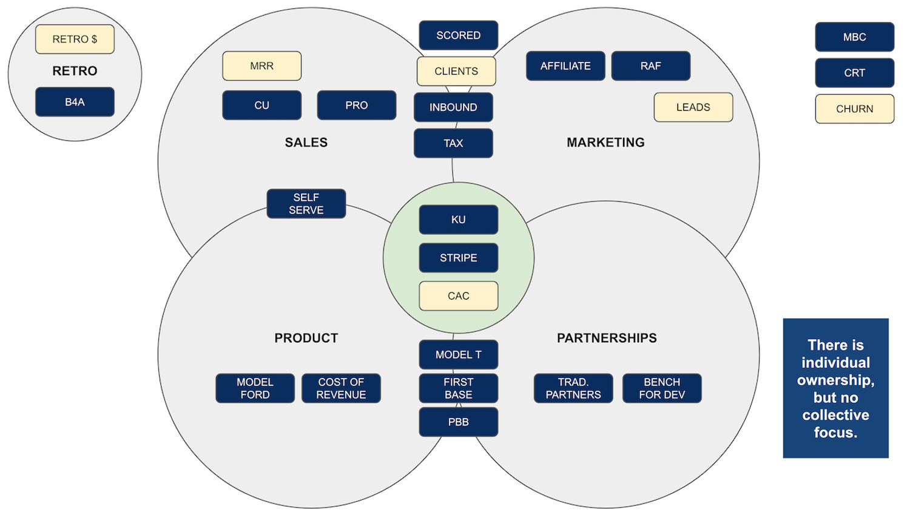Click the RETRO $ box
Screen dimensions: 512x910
click(75, 39)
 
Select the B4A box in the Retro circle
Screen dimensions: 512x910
click(75, 102)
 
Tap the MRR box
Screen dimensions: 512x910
click(261, 66)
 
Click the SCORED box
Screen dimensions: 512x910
click(458, 35)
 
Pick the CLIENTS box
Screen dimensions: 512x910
click(456, 72)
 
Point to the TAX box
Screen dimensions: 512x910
click(453, 143)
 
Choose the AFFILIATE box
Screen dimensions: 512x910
click(565, 66)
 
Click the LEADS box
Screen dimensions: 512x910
click(693, 107)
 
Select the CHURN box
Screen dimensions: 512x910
click(854, 109)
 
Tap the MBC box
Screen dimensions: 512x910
click(854, 37)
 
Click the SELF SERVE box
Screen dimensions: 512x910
click(306, 204)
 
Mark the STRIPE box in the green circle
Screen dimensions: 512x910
click(458, 258)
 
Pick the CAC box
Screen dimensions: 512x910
click(458, 296)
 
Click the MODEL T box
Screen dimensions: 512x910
click(458, 355)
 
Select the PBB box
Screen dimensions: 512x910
click(458, 422)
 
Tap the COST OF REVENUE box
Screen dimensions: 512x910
click(341, 388)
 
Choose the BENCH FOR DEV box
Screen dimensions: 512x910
click(662, 388)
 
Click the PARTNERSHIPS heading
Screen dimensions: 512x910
click(607, 339)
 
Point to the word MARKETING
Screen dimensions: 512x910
click(605, 143)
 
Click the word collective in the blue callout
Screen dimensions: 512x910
click(835, 416)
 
